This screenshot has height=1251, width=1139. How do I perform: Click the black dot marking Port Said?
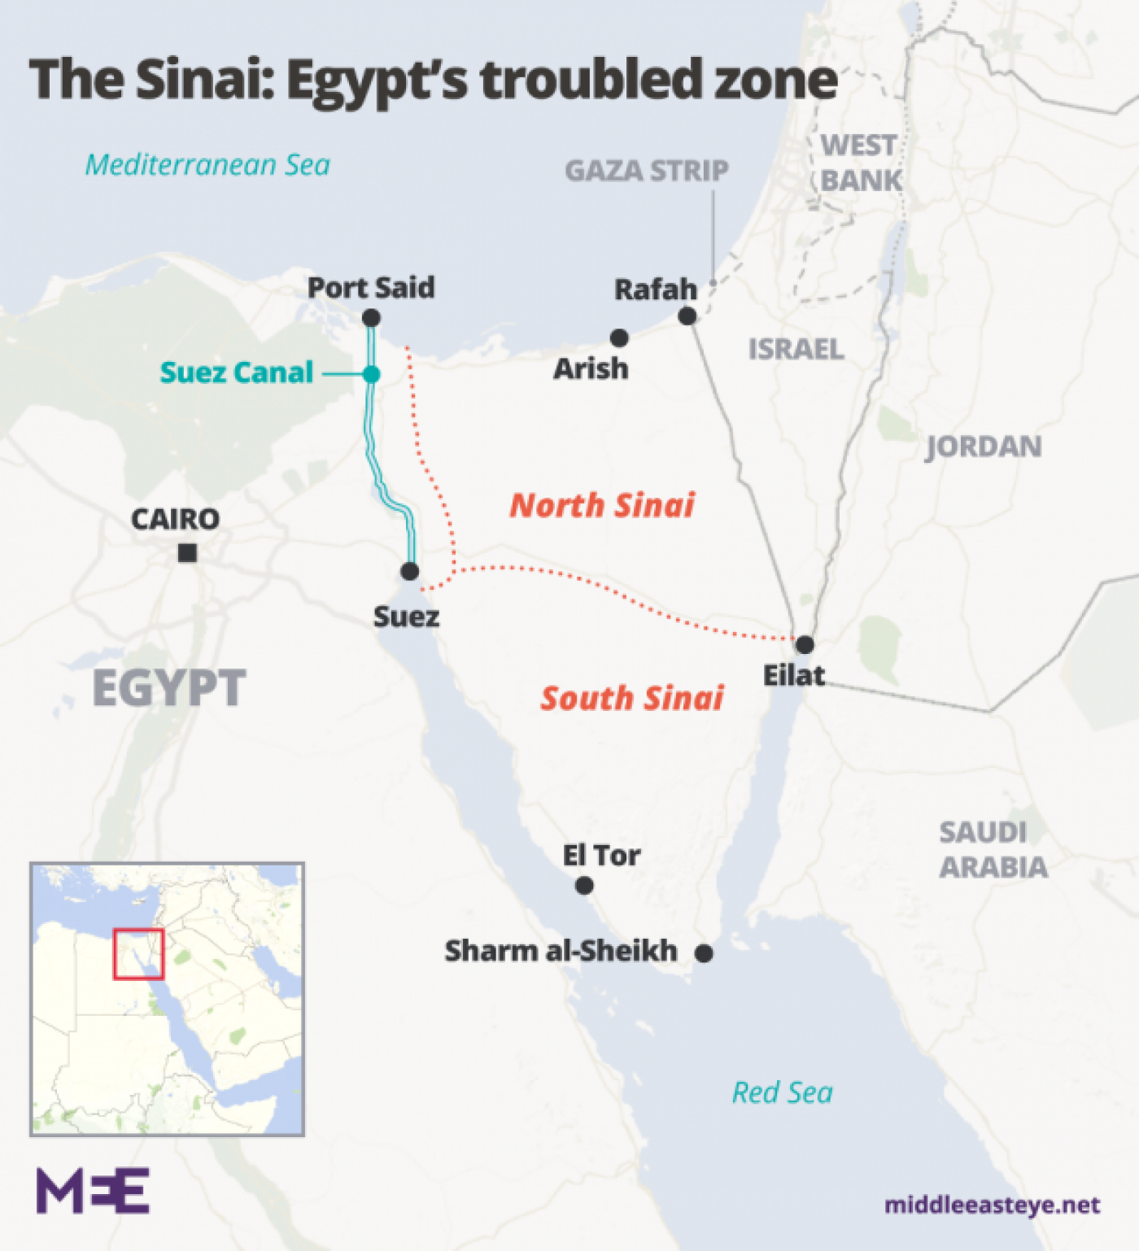tap(372, 319)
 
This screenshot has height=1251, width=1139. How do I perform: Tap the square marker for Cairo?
tap(187, 553)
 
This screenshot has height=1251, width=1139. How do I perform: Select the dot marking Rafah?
tap(687, 316)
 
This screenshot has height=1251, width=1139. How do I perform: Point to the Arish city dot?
tap(619, 338)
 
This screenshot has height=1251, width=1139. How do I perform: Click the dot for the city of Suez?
tap(410, 571)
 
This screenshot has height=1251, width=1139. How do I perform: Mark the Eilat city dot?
tap(805, 645)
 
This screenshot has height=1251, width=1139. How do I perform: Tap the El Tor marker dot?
tap(584, 886)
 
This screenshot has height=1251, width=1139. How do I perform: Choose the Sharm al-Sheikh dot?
tap(705, 952)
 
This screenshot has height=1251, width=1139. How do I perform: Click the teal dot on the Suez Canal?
tap(372, 374)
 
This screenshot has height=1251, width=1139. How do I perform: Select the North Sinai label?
tap(602, 505)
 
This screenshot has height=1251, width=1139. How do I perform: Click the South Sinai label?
tap(632, 698)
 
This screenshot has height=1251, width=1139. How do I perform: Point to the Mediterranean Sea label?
tap(207, 165)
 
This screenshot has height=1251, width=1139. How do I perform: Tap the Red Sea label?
tap(782, 1092)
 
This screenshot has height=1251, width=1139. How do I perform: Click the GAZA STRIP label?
tap(647, 171)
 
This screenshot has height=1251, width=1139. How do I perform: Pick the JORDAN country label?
tap(984, 447)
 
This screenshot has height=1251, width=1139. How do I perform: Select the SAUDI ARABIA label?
tap(993, 849)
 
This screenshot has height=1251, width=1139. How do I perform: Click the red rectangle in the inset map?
tap(138, 953)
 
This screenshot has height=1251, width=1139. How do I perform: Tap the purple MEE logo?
tap(93, 1191)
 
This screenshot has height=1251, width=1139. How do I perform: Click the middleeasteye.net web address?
tap(992, 1205)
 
